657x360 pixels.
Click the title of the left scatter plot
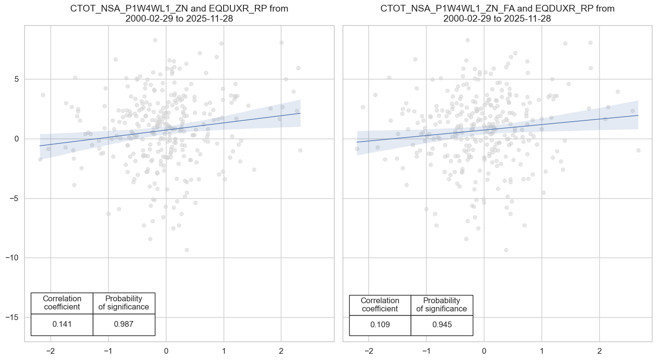point(179,14)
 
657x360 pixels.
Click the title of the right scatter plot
point(497,14)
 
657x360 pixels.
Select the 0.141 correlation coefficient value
point(62,324)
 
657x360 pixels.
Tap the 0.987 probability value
point(124,324)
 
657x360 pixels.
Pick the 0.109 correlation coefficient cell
point(380,324)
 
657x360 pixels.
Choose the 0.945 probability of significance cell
point(442,324)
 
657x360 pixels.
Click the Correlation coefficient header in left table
point(62,303)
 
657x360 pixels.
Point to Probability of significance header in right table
point(442,305)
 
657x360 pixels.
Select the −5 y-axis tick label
point(13,198)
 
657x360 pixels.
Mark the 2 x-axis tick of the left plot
point(281,350)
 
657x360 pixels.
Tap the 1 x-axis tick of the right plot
point(542,350)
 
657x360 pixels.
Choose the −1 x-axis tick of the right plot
point(426,350)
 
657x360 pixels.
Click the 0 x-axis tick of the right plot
point(484,350)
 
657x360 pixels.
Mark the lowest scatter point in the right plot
point(506,250)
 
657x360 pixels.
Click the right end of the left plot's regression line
point(300,113)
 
